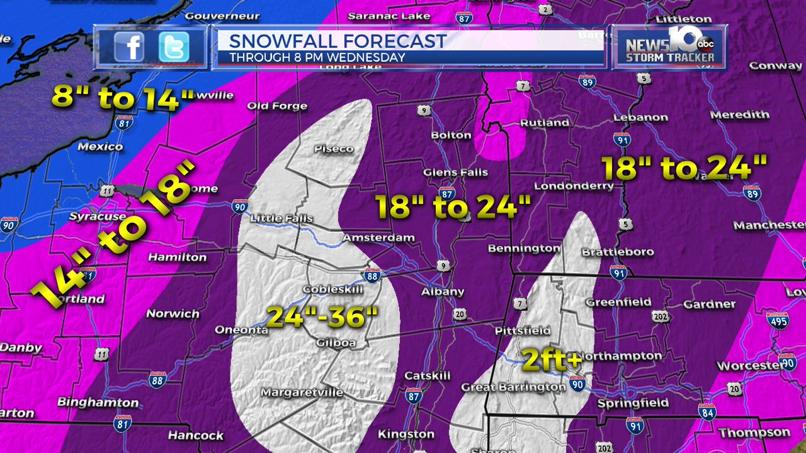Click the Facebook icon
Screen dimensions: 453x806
(129, 46)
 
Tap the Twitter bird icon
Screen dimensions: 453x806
(174, 46)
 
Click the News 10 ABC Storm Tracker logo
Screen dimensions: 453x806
(668, 47)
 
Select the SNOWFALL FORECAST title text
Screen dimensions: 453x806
(338, 41)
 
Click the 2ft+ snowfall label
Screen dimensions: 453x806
(552, 360)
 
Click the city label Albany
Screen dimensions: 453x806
(443, 292)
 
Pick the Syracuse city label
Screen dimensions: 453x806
(98, 217)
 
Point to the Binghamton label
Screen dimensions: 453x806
(98, 403)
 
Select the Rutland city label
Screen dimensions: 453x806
(545, 123)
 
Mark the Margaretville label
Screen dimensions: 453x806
(302, 392)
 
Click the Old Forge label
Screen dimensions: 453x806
(277, 106)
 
